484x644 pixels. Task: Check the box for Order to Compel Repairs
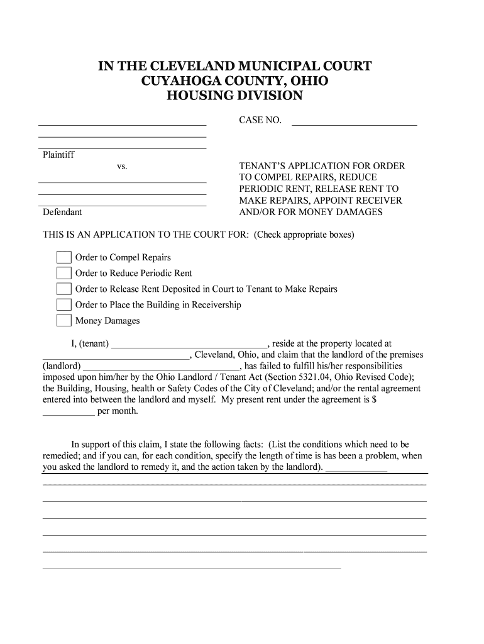coord(63,257)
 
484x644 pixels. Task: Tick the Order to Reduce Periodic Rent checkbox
coord(63,273)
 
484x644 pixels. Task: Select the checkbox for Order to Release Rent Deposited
coord(63,289)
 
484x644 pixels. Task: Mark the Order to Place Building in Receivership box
coord(63,304)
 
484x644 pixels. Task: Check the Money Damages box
coord(63,320)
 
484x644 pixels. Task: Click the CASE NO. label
coord(260,120)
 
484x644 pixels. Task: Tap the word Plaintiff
coord(58,155)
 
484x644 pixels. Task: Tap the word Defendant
coord(62,212)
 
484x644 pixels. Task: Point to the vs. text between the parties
coord(122,167)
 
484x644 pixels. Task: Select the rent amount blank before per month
coord(68,413)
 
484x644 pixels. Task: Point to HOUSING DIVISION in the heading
coord(234,96)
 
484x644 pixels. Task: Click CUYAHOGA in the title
coord(182,81)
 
